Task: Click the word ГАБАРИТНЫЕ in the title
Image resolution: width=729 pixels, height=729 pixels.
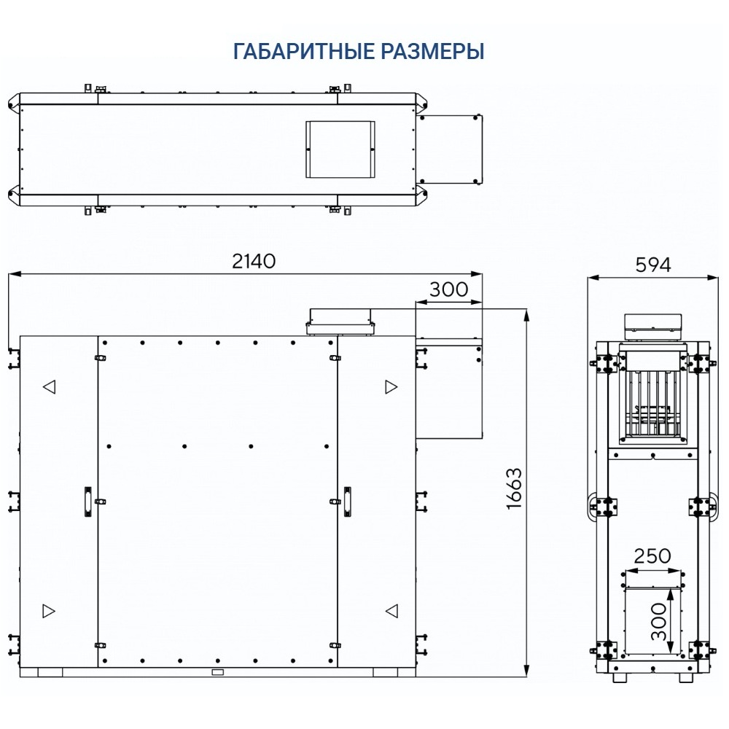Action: tap(304, 52)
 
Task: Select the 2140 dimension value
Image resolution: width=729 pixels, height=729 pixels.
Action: tap(254, 261)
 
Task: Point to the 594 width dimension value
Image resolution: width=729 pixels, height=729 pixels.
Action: tap(652, 265)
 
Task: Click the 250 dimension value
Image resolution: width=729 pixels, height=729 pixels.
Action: tap(652, 556)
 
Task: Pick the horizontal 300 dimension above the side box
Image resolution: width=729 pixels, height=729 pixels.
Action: tap(448, 289)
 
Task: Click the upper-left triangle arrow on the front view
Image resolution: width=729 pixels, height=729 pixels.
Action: tap(49, 386)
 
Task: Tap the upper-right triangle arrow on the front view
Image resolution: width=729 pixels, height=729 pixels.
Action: tap(391, 386)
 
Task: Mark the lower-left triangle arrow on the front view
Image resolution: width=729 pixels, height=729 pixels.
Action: tap(49, 609)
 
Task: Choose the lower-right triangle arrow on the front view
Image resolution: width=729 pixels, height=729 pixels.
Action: tap(391, 609)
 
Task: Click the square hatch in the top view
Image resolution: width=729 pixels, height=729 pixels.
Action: tap(340, 149)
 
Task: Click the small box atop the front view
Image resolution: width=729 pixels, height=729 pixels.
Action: tap(340, 321)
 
